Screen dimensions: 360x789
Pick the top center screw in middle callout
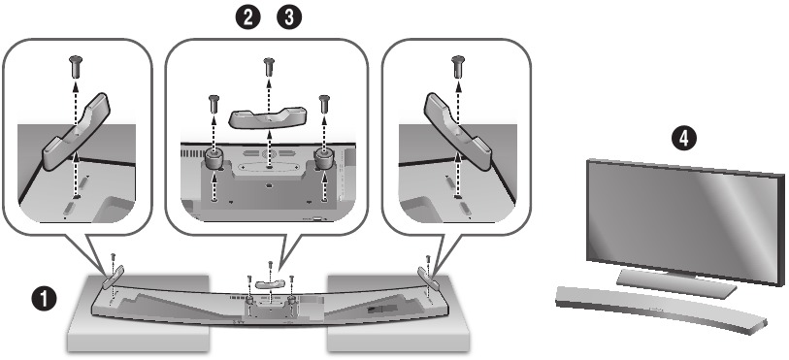268,69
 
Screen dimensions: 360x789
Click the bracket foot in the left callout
79,131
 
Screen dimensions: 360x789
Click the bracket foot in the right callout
456,131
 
